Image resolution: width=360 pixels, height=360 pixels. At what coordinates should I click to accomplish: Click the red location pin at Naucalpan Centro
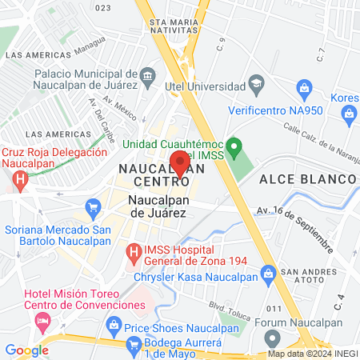click(180, 165)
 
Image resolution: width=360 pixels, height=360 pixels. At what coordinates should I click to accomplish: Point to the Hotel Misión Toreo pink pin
click(42, 322)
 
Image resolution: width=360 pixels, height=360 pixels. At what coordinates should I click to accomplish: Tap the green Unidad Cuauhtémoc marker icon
click(234, 146)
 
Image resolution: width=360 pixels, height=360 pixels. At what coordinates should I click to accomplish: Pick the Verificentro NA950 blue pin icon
click(303, 87)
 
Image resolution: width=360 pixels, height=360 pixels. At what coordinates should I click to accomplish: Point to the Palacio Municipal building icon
click(148, 77)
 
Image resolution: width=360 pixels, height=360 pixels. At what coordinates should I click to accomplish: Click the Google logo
click(26, 350)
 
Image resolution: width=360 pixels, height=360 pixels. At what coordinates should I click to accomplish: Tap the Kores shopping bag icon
click(350, 117)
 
